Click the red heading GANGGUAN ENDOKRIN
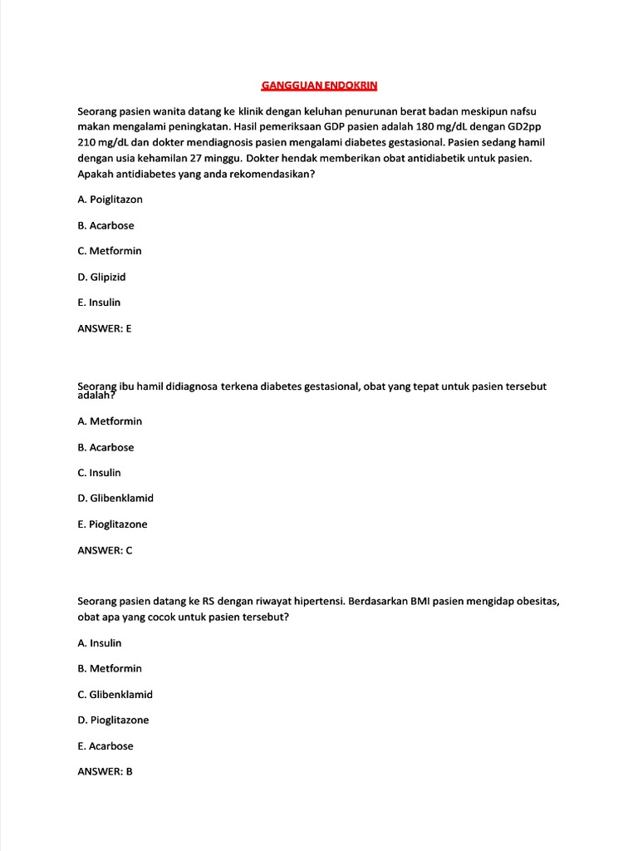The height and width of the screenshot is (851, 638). pyautogui.click(x=319, y=86)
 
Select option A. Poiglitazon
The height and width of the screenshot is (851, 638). pyautogui.click(x=110, y=199)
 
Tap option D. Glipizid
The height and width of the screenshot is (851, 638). pyautogui.click(x=101, y=277)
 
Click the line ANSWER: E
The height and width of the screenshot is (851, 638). pyautogui.click(x=105, y=328)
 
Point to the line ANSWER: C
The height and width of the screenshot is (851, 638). pyautogui.click(x=105, y=550)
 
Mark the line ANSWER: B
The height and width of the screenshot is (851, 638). pyautogui.click(x=105, y=771)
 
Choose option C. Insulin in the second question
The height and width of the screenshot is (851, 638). pyautogui.click(x=99, y=473)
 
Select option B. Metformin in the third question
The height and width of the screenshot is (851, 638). pyautogui.click(x=110, y=668)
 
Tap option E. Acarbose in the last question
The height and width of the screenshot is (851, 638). pyautogui.click(x=106, y=745)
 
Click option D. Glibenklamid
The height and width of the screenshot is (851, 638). pyautogui.click(x=115, y=499)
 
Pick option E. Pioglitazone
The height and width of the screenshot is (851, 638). pyautogui.click(x=112, y=524)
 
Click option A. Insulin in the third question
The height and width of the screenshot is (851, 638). pyautogui.click(x=99, y=642)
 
